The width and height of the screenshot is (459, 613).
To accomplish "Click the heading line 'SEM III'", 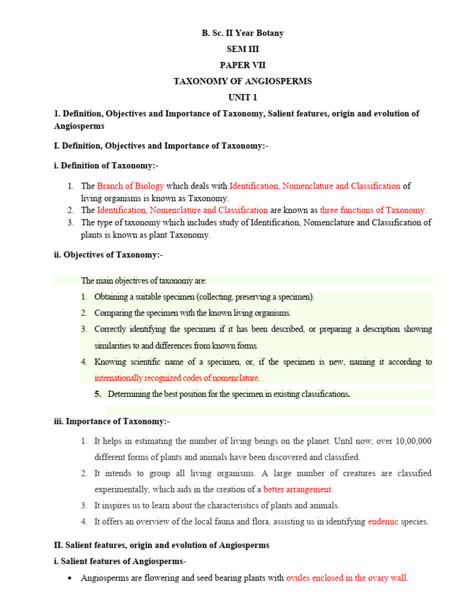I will [242, 49].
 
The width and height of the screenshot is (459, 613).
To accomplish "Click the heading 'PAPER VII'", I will [242, 65].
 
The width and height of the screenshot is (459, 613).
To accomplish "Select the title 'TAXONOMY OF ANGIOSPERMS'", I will [242, 81].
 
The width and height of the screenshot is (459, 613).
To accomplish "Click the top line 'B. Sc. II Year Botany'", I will [242, 33].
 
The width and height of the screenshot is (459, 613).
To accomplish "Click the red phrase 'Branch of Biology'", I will [130, 186].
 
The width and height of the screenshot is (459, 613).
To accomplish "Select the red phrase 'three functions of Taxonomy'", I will [372, 210].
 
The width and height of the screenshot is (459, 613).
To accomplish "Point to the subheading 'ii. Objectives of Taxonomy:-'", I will [108, 255].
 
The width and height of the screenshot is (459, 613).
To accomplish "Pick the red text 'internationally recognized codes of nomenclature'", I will [176, 378].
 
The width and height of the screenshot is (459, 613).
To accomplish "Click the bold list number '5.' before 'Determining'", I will [97, 394].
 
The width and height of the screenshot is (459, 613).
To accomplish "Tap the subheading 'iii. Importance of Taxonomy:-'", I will [112, 421].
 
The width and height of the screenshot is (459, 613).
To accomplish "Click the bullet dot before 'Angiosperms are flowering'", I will [71, 578].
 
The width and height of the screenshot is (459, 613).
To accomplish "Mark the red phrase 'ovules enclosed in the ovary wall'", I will [347, 578].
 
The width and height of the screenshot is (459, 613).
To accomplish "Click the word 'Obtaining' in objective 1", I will [113, 297].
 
